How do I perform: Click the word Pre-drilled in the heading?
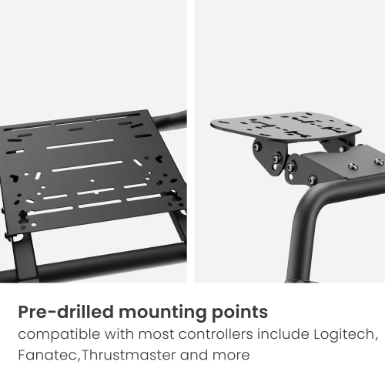click(x=65, y=312)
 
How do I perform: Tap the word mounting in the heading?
click(x=162, y=313)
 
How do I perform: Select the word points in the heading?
click(x=239, y=313)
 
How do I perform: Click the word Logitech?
click(x=346, y=334)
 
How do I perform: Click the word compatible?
click(x=59, y=335)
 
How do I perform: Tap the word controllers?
click(x=216, y=334)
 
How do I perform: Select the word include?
click(x=283, y=334)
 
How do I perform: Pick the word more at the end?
click(x=231, y=356)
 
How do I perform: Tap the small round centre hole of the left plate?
click(x=92, y=181)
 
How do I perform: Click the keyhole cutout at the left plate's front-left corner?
click(x=23, y=217)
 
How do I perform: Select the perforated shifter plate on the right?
click(x=286, y=126)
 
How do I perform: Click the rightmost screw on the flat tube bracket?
click(x=379, y=162)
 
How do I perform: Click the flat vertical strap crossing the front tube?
click(x=25, y=256)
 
